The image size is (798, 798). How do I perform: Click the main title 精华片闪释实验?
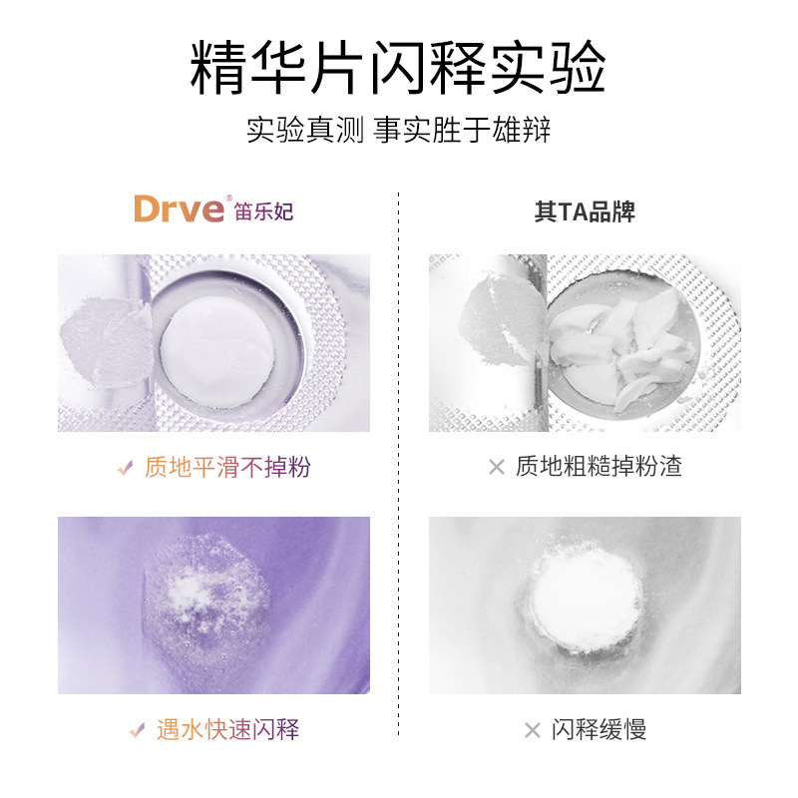pyautogui.click(x=398, y=67)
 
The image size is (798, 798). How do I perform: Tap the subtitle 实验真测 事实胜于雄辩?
pyautogui.click(x=398, y=130)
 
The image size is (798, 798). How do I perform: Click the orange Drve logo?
pyautogui.click(x=179, y=208)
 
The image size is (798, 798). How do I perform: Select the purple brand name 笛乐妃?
pyautogui.click(x=263, y=211)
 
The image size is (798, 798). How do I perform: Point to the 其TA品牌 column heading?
pyautogui.click(x=585, y=211)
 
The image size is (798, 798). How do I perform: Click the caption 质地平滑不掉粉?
pyautogui.click(x=227, y=467)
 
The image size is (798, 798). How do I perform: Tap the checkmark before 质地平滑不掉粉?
pyautogui.click(x=126, y=467)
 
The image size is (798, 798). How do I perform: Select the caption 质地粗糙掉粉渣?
pyautogui.click(x=598, y=466)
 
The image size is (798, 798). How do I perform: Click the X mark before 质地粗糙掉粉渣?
pyautogui.click(x=497, y=467)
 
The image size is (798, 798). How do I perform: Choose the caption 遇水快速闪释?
pyautogui.click(x=227, y=729)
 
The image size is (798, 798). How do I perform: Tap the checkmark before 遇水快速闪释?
pyautogui.click(x=138, y=730)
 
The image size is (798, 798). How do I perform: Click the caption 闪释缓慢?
pyautogui.click(x=599, y=729)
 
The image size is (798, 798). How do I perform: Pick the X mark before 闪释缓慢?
pyautogui.click(x=533, y=730)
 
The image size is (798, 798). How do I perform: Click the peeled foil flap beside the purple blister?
pyautogui.click(x=106, y=342)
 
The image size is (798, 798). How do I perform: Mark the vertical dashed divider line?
pyautogui.click(x=398, y=464)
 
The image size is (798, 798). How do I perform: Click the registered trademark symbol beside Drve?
pyautogui.click(x=229, y=198)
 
